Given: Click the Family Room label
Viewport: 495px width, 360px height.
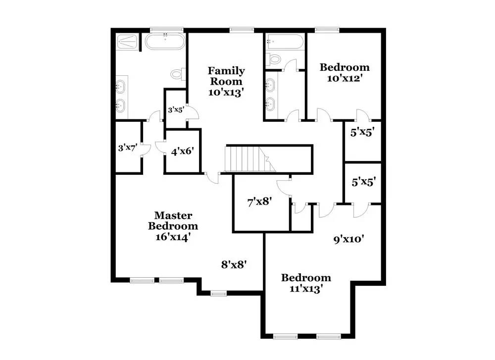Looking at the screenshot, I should click(x=226, y=76).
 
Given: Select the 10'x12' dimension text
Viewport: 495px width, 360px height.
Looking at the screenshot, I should click(x=345, y=78).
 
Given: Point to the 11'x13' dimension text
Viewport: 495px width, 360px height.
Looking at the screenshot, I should click(x=306, y=288).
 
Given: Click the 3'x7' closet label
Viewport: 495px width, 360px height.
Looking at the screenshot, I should click(x=127, y=148).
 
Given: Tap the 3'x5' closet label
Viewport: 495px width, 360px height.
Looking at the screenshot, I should click(x=176, y=110).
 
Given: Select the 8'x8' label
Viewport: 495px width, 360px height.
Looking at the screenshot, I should click(x=234, y=264).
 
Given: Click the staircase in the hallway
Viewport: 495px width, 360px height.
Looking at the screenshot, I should click(x=250, y=159).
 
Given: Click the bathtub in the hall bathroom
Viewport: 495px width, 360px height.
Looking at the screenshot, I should click(x=284, y=42).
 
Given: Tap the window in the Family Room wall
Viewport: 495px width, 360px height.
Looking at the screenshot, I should click(x=240, y=30).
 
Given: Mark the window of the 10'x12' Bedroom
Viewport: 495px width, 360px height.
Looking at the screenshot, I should click(x=324, y=30).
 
